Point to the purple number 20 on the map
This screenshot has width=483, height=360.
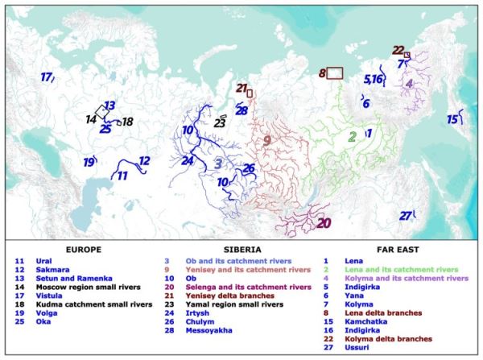click(x=324, y=223)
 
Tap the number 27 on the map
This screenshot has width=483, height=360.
click(x=406, y=215)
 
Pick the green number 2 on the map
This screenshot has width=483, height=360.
click(x=352, y=135)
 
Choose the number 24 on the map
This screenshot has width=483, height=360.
click(x=188, y=160)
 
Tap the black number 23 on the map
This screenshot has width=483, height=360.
click(x=219, y=123)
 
